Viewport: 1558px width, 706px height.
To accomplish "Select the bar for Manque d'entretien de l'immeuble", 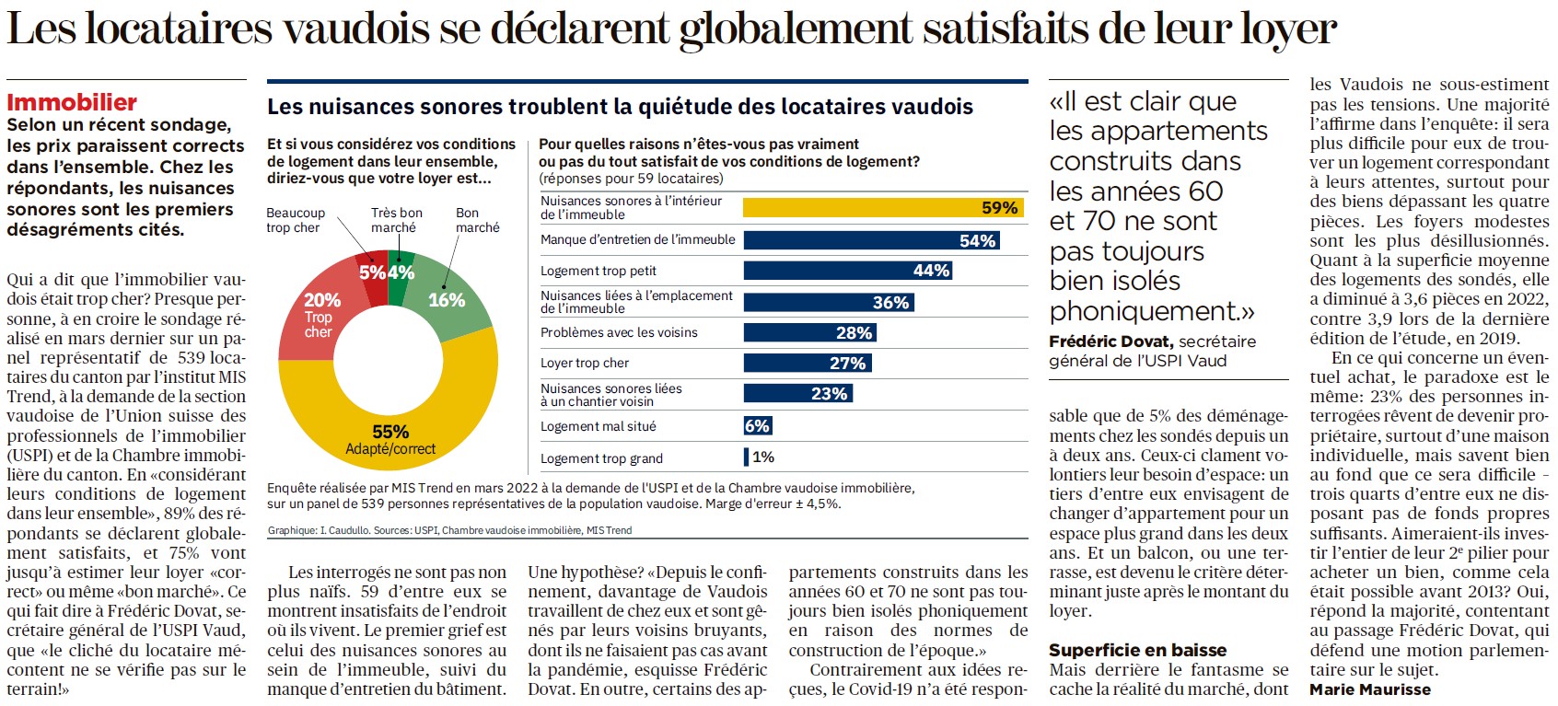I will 871,240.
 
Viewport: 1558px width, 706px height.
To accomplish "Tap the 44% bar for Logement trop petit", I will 847,271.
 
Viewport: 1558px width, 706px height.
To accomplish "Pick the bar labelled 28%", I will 809,332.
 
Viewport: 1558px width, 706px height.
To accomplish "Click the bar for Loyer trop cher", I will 807,364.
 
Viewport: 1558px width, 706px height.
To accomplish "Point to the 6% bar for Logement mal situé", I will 757,426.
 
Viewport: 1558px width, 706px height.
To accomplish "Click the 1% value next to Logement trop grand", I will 763,457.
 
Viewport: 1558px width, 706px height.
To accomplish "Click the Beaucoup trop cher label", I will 295,220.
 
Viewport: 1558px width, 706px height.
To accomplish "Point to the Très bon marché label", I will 396,220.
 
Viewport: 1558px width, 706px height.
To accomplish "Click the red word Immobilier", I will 72,102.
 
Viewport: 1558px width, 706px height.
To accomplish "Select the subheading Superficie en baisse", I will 1137,650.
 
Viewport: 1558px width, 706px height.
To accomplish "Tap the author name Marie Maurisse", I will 1370,689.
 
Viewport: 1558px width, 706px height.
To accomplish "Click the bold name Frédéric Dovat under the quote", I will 1110,341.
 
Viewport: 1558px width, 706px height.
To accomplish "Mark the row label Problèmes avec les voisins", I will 619,332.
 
